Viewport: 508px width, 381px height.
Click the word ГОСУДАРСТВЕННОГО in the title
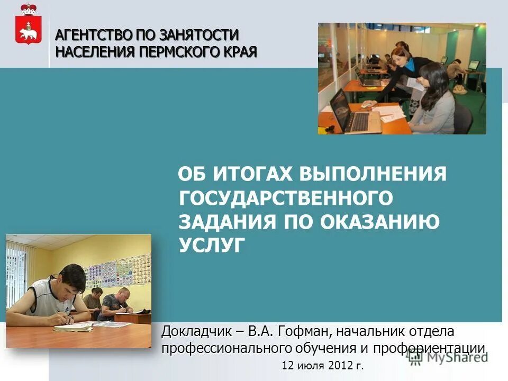tap(286, 198)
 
